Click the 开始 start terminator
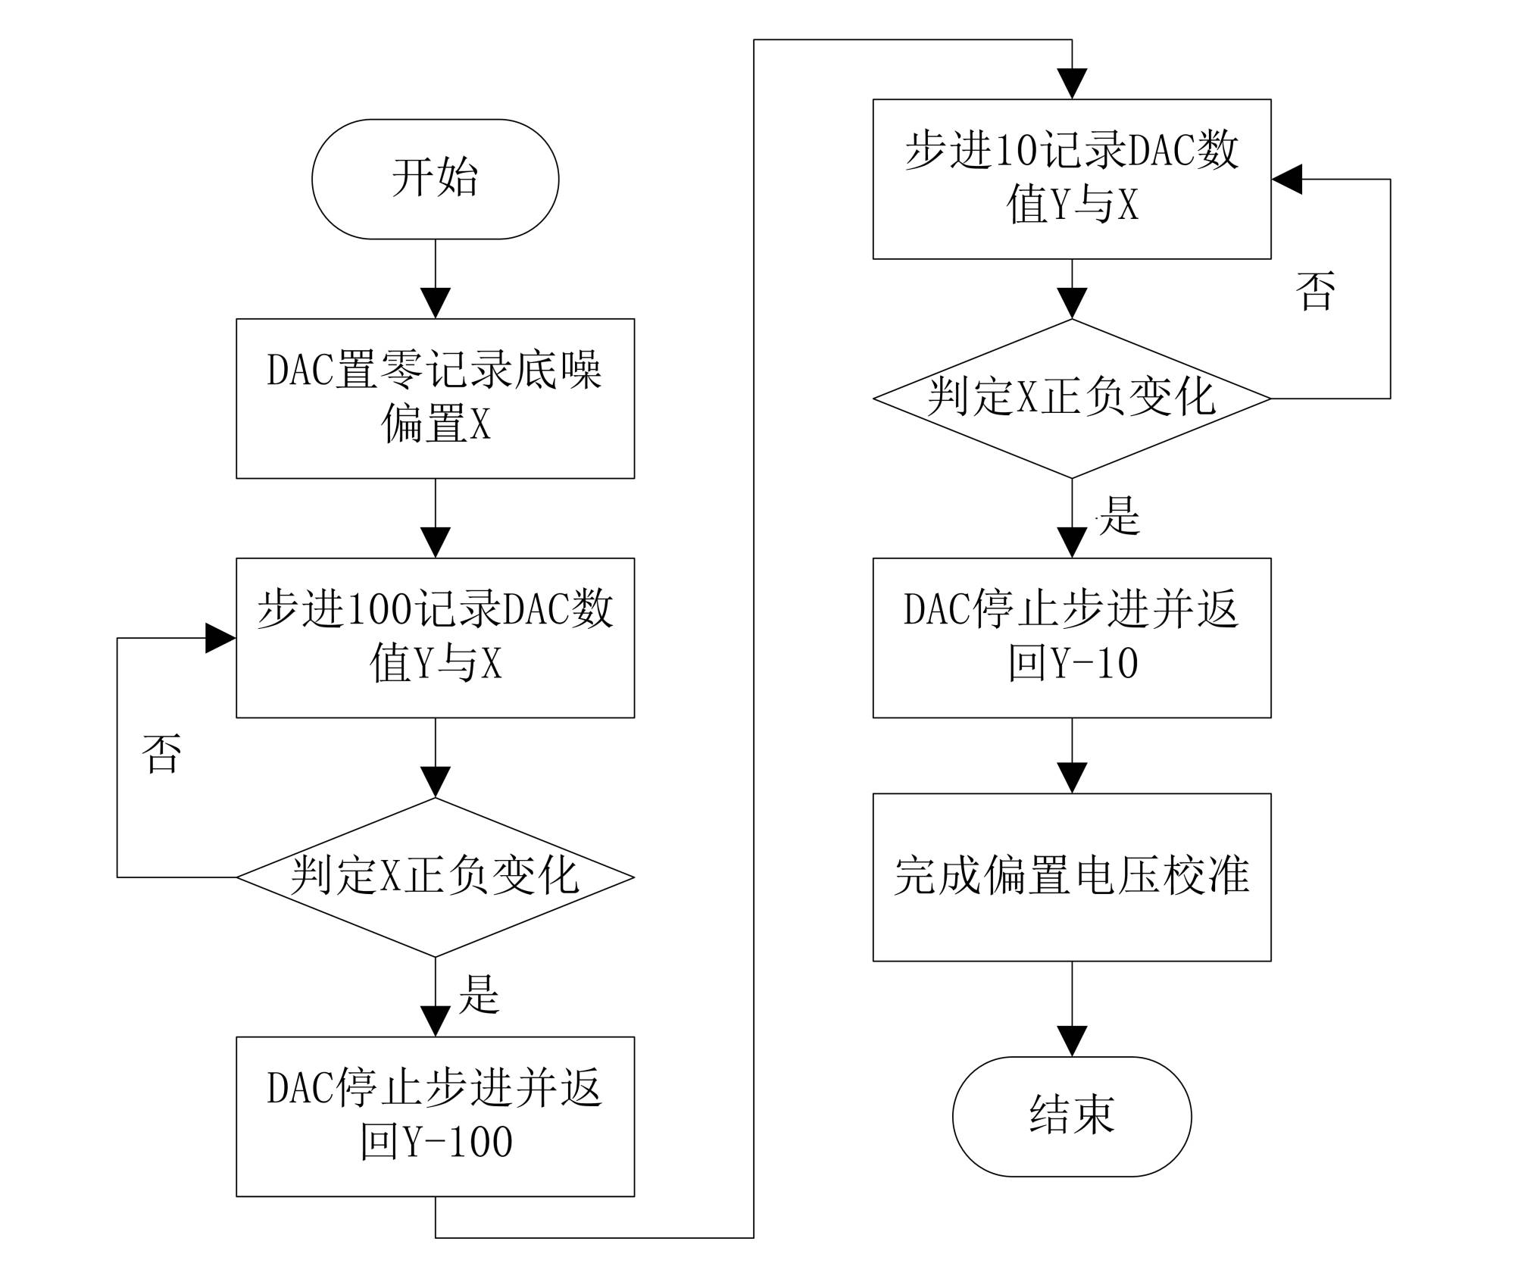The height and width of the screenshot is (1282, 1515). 435,179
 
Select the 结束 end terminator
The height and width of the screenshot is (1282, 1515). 1071,1116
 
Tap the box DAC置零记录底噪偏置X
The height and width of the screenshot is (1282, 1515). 435,398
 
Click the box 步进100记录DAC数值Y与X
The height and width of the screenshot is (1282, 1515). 435,637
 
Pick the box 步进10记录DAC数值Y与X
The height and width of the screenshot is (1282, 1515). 1071,179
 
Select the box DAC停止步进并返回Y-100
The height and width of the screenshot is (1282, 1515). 435,1116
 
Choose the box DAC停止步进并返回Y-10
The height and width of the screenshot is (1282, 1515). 1071,637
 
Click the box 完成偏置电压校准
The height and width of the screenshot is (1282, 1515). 1071,877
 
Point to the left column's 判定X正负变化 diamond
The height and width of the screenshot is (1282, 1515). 435,877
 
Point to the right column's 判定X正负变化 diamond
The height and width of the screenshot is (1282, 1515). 1071,398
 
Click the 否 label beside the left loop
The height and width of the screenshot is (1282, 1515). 161,753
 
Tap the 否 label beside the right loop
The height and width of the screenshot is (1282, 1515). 1315,291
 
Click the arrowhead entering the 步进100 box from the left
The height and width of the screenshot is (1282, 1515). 220,638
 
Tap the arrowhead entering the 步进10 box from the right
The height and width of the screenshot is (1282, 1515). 1287,180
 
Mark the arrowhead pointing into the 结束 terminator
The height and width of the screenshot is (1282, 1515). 1072,1041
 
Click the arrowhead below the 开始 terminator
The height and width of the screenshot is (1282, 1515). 436,303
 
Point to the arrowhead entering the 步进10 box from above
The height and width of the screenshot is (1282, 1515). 1072,83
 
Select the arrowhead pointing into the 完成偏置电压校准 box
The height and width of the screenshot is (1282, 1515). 1072,777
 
